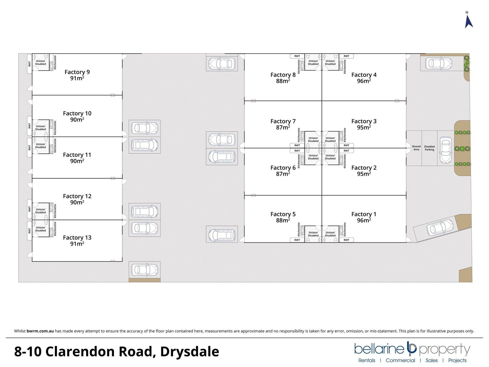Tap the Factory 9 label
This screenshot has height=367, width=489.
tap(77, 72)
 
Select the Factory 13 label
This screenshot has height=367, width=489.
tap(77, 238)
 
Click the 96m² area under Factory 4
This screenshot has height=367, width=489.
tap(364, 81)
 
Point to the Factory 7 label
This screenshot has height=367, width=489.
tap(283, 121)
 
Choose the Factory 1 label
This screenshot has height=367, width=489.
tap(364, 214)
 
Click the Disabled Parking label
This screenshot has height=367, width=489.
tap(429, 148)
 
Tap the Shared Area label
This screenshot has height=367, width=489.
tap(416, 148)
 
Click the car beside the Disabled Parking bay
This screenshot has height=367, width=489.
tap(446, 150)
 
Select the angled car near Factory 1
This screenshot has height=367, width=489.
tap(440, 227)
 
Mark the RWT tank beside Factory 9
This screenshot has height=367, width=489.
tap(30, 64)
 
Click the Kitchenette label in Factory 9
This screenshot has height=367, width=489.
tap(55, 62)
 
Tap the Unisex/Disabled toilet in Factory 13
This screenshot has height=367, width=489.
tap(40, 229)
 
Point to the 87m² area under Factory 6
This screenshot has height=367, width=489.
tap(283, 174)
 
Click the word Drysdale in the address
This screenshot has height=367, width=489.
tap(189, 351)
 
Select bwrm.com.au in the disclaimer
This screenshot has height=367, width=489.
tap(40, 331)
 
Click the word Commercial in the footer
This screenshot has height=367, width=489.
tap(400, 360)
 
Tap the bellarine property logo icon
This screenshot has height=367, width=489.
tap(412, 348)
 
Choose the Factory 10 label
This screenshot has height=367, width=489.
tap(77, 113)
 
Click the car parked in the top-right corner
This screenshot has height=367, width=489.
tap(439, 63)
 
